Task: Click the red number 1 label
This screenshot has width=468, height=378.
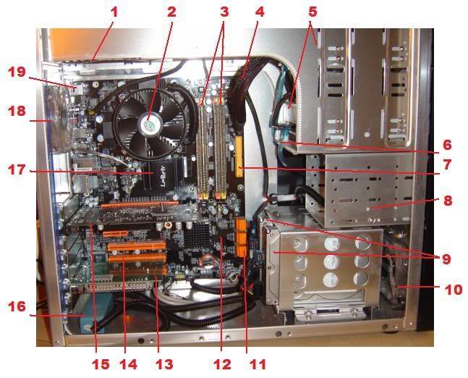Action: coord(114,12)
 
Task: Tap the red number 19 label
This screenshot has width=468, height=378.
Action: coord(17,72)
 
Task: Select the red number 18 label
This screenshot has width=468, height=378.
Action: coord(17,111)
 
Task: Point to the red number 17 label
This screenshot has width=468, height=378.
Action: coord(17,170)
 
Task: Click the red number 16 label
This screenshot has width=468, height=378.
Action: coord(17,306)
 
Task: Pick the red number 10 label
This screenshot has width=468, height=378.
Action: coord(453,290)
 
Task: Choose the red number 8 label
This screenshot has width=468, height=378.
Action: coord(448,201)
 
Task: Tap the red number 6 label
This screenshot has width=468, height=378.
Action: coord(447,145)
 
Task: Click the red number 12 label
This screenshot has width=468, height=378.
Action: coord(222,364)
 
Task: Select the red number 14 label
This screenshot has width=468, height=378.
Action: coord(129,364)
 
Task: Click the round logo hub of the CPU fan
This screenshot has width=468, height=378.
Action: coord(149,123)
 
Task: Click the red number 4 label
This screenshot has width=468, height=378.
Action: coord(260,12)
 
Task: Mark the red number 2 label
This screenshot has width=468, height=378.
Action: coord(171,12)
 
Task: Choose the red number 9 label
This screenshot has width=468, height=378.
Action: coord(446,259)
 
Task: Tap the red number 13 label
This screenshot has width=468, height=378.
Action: coord(164,364)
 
